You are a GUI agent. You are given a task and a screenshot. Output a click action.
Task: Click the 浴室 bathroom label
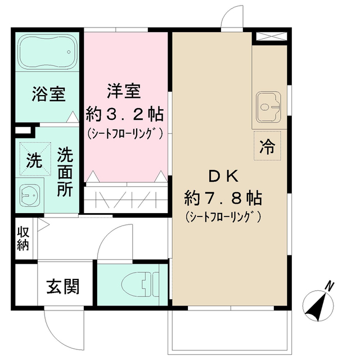48,94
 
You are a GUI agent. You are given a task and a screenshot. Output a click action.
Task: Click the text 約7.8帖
224,197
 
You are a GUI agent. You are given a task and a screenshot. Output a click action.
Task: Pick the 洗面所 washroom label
65,171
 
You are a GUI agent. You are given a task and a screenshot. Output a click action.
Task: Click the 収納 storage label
23,238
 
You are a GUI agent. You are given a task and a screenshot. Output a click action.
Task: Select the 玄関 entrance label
62,286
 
